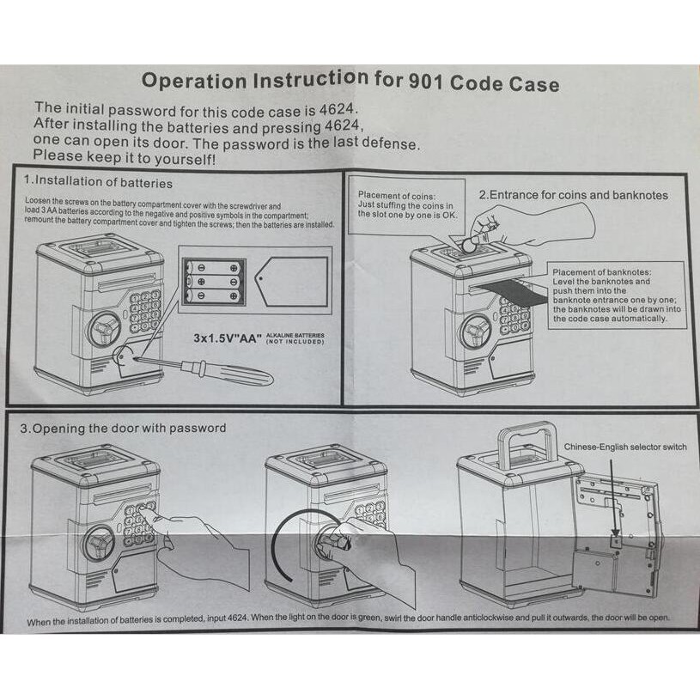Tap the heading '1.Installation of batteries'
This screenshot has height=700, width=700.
[98, 182]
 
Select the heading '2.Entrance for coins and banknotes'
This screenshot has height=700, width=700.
[573, 195]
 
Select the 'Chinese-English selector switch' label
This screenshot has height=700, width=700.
[624, 447]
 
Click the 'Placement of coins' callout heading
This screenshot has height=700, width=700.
[391, 196]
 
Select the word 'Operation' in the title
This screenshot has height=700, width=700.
[190, 82]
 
